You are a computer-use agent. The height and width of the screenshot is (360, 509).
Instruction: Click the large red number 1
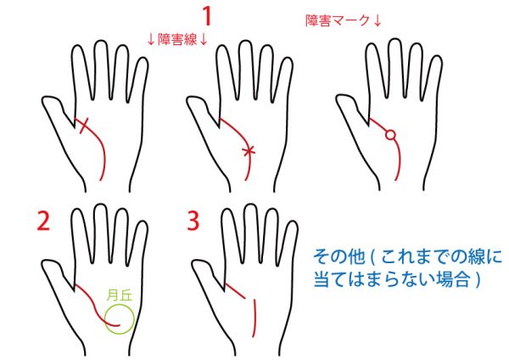(x=208, y=16)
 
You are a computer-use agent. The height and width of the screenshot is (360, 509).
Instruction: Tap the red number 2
(x=43, y=221)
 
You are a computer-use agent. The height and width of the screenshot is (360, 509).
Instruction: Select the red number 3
(x=193, y=221)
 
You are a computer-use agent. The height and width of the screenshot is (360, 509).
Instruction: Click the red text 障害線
(x=177, y=40)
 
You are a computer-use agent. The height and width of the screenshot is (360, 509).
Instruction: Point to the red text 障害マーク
(x=338, y=20)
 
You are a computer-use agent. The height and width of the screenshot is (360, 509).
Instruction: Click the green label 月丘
(x=120, y=295)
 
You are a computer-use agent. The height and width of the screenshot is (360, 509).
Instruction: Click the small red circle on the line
(x=391, y=134)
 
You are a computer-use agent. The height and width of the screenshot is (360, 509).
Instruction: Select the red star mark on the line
(x=249, y=151)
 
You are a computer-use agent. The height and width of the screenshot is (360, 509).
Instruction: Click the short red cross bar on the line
(x=84, y=126)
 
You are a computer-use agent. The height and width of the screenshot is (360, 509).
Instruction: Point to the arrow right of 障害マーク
(x=377, y=20)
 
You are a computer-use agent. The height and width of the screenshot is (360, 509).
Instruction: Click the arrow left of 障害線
(x=151, y=40)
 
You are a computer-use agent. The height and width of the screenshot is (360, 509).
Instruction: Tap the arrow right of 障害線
(x=204, y=40)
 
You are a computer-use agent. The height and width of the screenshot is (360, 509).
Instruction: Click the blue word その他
(x=339, y=257)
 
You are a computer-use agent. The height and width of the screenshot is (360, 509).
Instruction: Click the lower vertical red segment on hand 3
(x=255, y=318)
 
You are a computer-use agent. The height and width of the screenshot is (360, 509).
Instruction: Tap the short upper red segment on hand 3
(x=235, y=290)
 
